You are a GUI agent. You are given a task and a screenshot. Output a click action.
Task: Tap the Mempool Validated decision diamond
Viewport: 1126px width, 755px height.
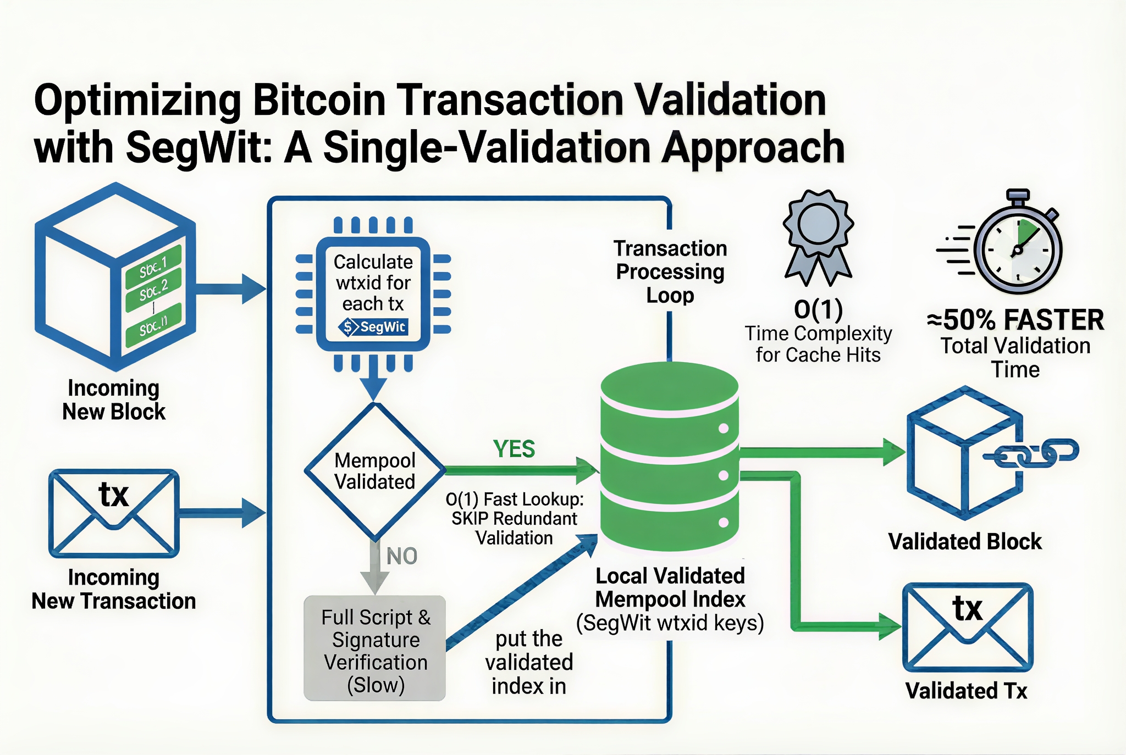pos(375,471)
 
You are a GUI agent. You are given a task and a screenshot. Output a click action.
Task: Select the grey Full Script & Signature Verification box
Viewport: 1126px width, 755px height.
pos(375,648)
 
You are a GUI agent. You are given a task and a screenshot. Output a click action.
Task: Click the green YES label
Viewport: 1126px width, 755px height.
pos(514,449)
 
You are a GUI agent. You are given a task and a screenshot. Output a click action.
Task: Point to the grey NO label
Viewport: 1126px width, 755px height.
pos(402,556)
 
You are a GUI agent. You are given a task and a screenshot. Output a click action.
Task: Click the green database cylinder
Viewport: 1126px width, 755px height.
pos(670,456)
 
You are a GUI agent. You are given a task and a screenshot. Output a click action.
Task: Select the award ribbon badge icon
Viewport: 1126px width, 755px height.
pos(818,236)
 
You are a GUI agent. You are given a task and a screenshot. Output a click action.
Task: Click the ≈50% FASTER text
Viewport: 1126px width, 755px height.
pos(1015,319)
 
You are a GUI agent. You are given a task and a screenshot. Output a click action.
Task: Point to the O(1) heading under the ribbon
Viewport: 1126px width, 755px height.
pos(818,309)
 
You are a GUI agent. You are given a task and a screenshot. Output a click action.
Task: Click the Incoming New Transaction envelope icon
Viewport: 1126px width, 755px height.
pos(114,513)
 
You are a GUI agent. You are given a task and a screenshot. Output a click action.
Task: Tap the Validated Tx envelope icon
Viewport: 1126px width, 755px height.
pos(968,627)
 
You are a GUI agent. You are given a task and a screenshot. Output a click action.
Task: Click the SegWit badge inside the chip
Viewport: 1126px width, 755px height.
pos(374,327)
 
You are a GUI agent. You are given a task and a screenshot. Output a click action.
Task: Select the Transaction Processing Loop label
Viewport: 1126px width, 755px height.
pos(670,271)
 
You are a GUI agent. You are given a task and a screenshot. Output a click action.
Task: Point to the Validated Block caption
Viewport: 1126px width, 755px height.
pos(965,542)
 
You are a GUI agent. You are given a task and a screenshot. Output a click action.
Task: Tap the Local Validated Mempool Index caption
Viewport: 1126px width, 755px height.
pos(670,599)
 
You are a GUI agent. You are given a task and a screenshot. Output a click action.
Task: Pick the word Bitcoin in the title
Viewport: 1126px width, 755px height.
pos(319,100)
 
